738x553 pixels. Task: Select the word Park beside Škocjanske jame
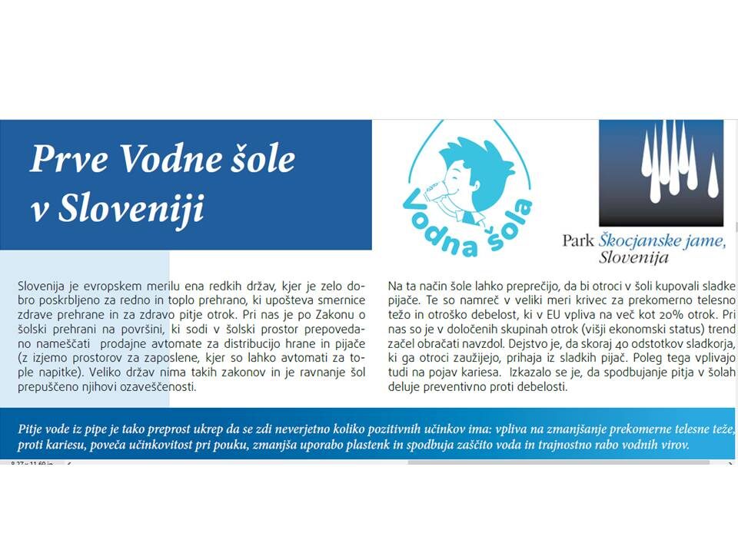[579, 240]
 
